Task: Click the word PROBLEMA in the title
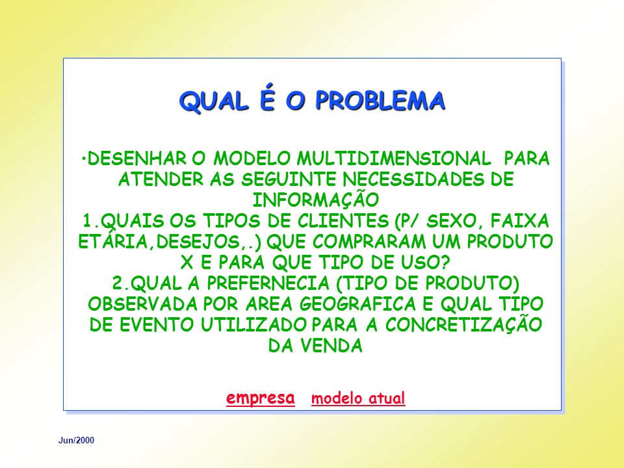(380, 100)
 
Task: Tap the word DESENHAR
(136, 159)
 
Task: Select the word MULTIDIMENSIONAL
(394, 159)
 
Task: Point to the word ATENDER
(161, 179)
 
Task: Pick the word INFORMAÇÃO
(316, 199)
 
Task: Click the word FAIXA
(520, 221)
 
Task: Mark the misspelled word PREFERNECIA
(268, 283)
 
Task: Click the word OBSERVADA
(143, 304)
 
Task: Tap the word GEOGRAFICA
(357, 304)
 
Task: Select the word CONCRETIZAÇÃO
(463, 323)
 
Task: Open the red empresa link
(261, 398)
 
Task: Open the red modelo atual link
(358, 398)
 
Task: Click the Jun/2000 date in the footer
(77, 440)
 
